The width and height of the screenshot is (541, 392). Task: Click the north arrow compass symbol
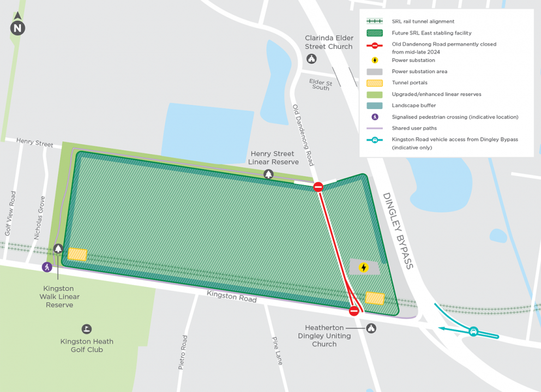click(x=18, y=25)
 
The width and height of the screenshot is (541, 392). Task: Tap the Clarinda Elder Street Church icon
click(x=311, y=59)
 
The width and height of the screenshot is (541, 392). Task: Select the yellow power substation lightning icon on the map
click(x=363, y=267)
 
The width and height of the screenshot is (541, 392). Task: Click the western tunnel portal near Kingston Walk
click(x=77, y=254)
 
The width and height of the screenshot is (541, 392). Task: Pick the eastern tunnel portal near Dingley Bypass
click(x=375, y=298)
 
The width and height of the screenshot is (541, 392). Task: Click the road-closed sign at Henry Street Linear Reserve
click(x=318, y=187)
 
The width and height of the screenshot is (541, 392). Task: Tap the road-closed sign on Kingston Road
click(x=354, y=311)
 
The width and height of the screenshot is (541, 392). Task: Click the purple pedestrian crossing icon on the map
click(x=48, y=267)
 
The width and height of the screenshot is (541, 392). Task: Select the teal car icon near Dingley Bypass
click(x=473, y=332)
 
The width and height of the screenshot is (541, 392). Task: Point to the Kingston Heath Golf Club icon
click(x=87, y=329)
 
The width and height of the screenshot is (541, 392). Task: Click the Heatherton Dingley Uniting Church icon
click(x=371, y=328)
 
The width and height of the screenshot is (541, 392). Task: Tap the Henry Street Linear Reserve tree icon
click(x=268, y=174)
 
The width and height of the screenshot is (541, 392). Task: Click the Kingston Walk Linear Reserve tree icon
click(x=58, y=249)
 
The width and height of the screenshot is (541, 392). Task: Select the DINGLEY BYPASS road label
click(x=398, y=231)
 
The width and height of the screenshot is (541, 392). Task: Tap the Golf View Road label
click(x=9, y=213)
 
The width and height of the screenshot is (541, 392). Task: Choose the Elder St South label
click(x=321, y=84)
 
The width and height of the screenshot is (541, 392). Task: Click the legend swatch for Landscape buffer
click(x=375, y=106)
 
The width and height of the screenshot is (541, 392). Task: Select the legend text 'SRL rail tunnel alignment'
click(x=423, y=22)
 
